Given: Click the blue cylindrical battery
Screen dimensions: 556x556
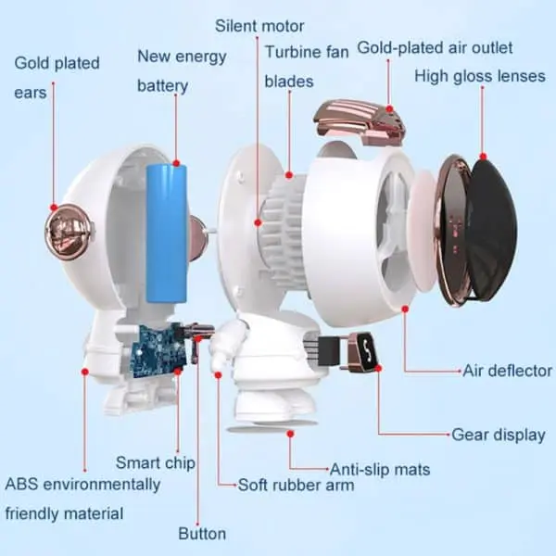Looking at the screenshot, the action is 167,234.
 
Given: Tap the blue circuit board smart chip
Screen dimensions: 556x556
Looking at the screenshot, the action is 158,350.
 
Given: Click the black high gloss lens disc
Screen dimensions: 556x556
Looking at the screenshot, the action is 493,231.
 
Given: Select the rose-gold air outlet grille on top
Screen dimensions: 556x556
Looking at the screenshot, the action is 359,122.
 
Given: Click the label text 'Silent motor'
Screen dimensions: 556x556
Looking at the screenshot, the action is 259,26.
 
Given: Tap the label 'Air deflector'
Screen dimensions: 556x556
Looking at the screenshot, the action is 508,371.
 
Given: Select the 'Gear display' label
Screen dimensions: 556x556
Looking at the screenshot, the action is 499,435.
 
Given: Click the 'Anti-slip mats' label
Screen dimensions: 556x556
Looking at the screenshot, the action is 380,470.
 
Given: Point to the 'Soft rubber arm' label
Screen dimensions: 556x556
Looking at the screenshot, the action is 296,485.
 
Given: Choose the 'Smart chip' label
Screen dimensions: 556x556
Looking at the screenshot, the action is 156,463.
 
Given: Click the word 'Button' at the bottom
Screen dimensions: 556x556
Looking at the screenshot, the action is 202,534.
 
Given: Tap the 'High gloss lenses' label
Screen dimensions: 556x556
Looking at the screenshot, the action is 480,77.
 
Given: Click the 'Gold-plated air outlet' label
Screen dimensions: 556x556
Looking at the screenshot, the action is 435,48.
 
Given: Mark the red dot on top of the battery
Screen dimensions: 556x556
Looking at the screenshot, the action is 176,163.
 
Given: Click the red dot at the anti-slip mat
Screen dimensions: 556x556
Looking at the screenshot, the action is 290,434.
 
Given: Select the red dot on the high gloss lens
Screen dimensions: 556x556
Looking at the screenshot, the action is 483,157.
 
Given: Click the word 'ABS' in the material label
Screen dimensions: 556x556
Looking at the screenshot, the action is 21,484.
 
